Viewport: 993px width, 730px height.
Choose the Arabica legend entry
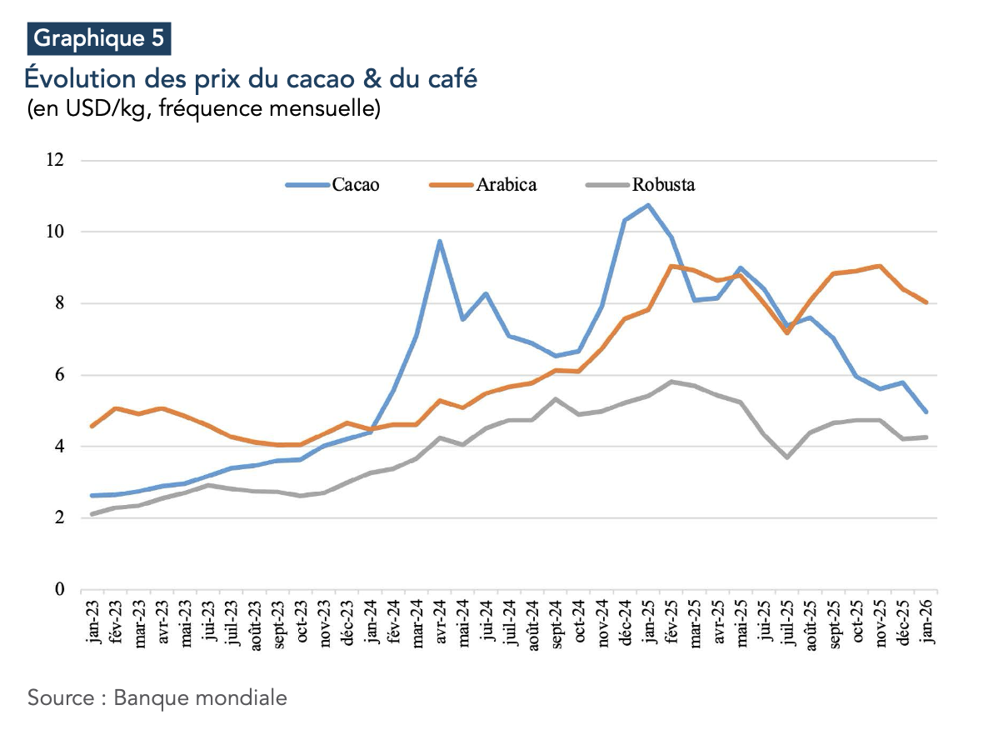(506, 185)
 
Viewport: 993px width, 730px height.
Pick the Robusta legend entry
(663, 185)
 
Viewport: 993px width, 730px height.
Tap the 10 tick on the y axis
(55, 232)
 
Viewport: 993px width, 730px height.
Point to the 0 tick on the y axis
(59, 590)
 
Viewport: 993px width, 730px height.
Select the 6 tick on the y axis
(59, 375)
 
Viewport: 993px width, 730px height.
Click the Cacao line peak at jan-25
(648, 205)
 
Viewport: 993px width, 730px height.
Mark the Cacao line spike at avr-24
(440, 242)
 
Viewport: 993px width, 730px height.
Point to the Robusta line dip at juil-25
(787, 457)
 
